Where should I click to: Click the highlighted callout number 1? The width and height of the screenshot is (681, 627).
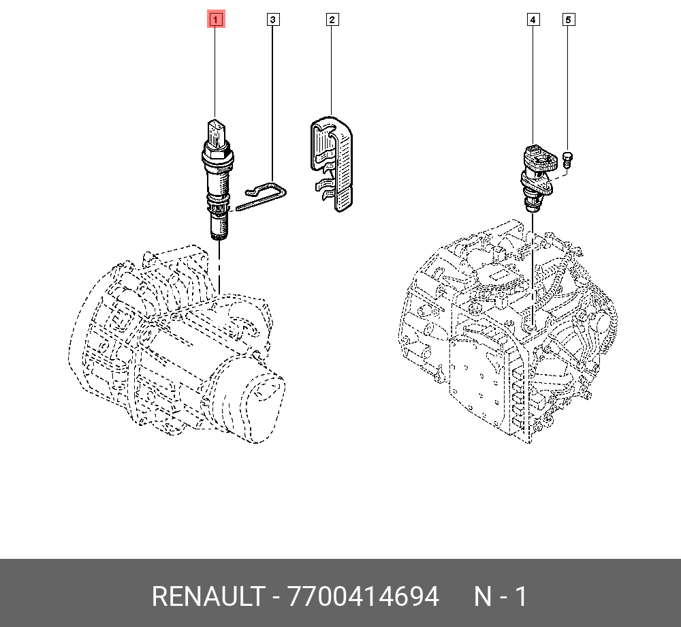pos(216,20)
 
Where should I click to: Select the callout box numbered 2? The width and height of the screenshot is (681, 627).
pos(332,20)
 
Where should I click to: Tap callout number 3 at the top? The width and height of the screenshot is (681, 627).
pos(273,20)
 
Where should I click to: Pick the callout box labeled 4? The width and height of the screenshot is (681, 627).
pos(533,20)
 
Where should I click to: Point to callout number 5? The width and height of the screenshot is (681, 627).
pos(568,20)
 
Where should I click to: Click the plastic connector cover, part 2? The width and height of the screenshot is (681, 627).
pos(332,164)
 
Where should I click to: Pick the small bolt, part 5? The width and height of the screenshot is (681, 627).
pos(567,159)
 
